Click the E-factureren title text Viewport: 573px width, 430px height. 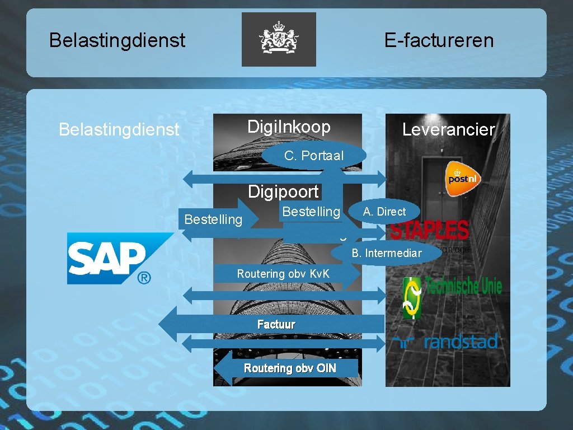tap(439, 40)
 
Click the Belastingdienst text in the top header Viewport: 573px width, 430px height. tap(117, 40)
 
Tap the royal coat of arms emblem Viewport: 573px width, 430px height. tap(279, 40)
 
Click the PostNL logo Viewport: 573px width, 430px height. tap(463, 177)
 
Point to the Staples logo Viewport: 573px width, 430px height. tap(430, 230)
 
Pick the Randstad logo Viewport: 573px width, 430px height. tap(445, 342)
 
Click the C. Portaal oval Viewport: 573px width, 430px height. tap(313, 156)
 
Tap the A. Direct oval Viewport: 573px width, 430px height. tap(384, 211)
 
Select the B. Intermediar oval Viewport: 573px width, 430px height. tap(386, 253)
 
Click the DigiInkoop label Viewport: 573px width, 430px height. tap(289, 127)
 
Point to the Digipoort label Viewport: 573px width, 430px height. tap(284, 191)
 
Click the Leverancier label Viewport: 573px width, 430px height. tap(448, 130)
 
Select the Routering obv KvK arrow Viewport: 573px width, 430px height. tap(285, 274)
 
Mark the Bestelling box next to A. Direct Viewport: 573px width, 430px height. tap(311, 212)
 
